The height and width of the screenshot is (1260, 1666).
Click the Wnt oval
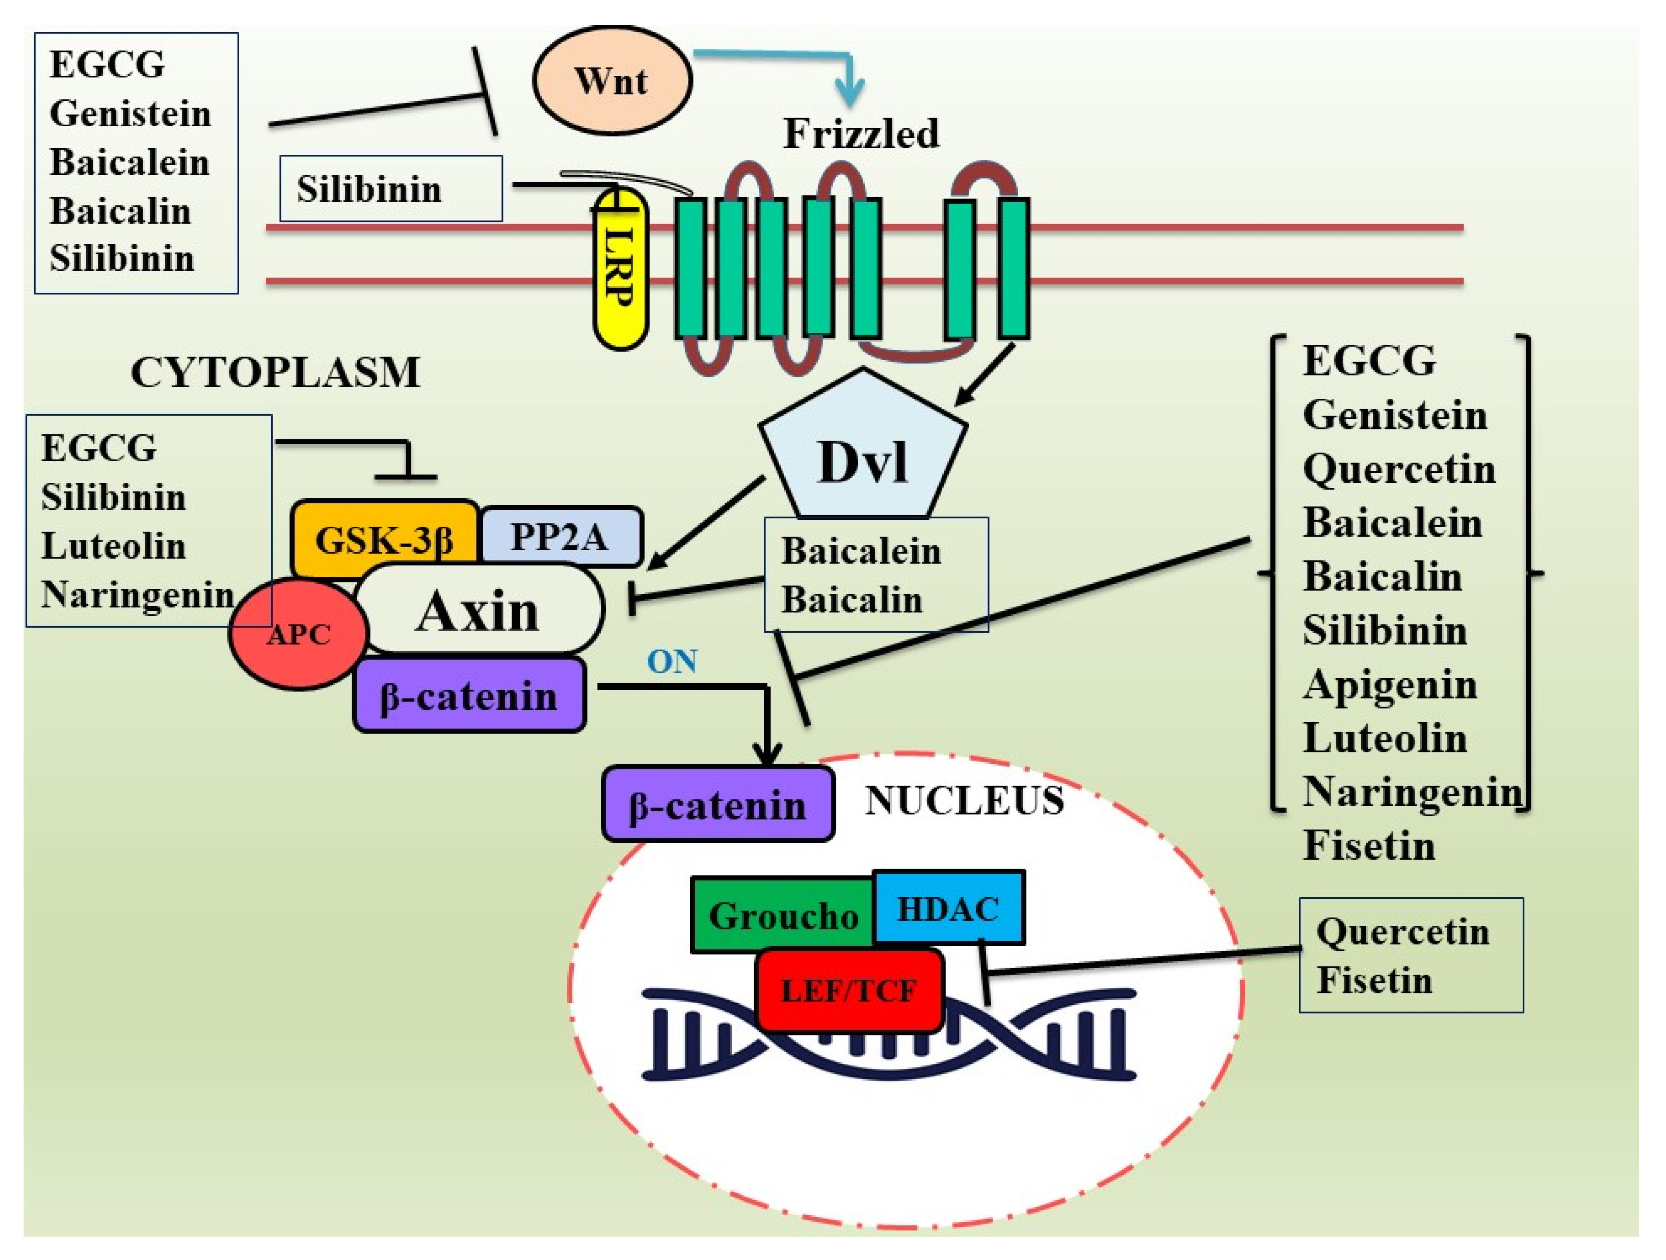[612, 80]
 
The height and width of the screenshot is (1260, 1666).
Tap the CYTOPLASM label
[276, 372]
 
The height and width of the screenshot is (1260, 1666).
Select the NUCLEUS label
[964, 800]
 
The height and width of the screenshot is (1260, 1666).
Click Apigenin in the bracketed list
[1389, 684]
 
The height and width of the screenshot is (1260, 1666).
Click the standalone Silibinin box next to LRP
[390, 188]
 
